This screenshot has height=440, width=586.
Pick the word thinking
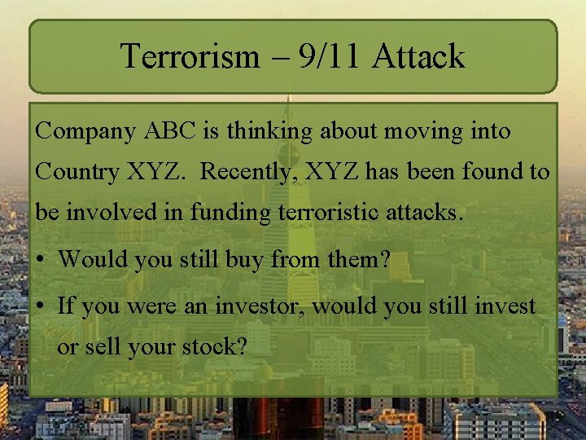[269, 131]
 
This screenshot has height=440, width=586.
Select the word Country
[77, 173]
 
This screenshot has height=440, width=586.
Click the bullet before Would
[42, 261]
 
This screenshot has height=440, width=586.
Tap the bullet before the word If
[42, 307]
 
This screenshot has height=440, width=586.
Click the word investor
[264, 306]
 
